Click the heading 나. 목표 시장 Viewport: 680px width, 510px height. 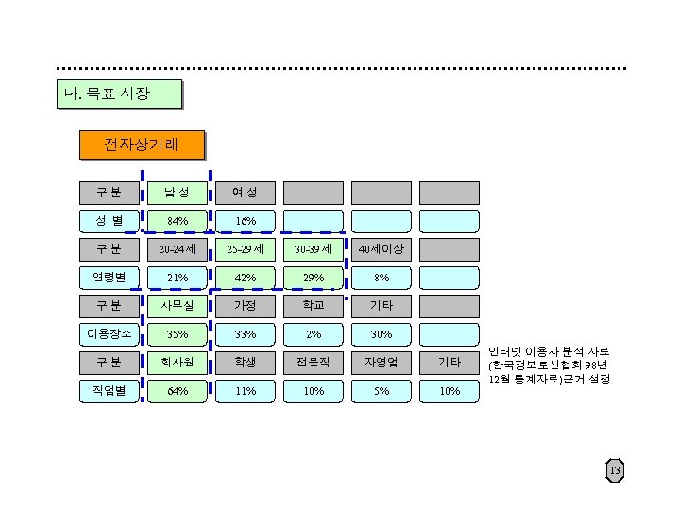pos(117,93)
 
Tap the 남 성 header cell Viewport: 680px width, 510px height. pos(177,193)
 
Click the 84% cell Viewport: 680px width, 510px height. pos(177,221)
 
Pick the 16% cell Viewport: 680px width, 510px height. pos(245,221)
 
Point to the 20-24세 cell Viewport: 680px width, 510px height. pos(177,249)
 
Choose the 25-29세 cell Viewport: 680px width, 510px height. pos(245,249)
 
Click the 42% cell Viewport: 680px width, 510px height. pos(245,278)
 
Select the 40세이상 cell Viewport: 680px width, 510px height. pos(381,249)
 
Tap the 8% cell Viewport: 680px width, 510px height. pos(381,278)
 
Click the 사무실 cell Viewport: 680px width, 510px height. pos(177,306)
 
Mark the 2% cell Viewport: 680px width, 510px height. pos(313,334)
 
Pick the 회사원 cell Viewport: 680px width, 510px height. pos(177,363)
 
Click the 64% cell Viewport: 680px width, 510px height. pos(177,390)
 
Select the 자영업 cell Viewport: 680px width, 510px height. pos(381,363)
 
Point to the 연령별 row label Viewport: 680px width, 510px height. pos(108,277)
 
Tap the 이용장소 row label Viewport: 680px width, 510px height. pos(108,333)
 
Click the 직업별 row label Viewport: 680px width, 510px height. pos(108,390)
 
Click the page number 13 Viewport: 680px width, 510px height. pos(615,471)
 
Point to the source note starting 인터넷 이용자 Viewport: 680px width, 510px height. pos(548,364)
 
